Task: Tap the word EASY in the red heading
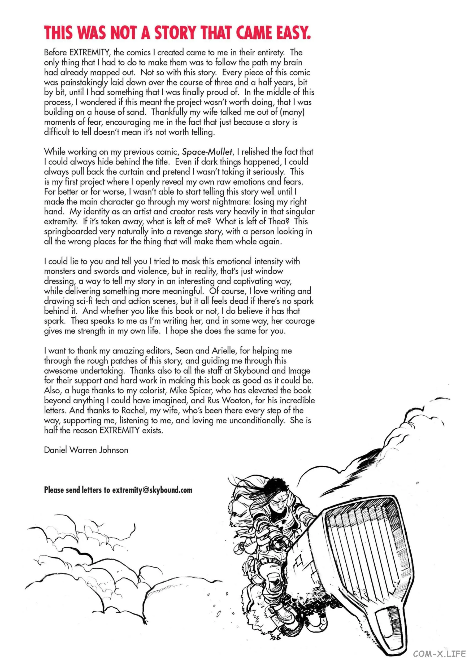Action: tap(293, 32)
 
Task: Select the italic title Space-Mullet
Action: tap(207, 152)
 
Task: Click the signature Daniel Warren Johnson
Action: tap(86, 450)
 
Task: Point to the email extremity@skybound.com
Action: tap(152, 490)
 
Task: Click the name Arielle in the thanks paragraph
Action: tap(223, 351)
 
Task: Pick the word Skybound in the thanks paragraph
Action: tap(251, 370)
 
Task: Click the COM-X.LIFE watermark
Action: tap(439, 654)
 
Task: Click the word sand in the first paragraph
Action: tap(136, 112)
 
